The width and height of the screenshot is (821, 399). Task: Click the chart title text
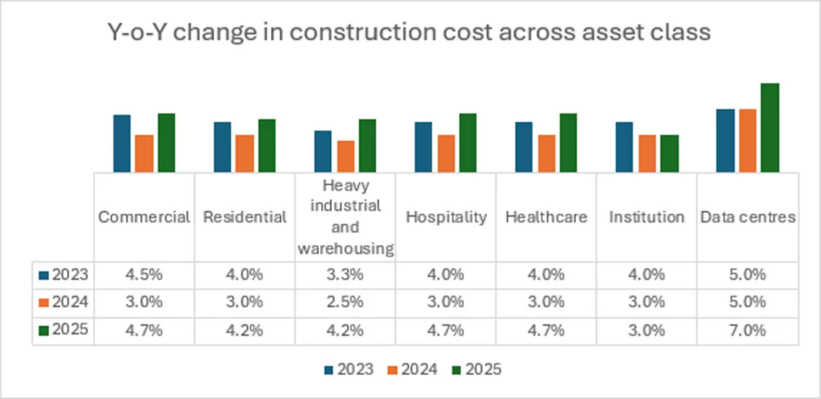point(410,32)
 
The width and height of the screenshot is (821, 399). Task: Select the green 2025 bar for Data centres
point(770,127)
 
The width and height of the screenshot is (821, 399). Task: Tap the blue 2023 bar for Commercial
point(122,143)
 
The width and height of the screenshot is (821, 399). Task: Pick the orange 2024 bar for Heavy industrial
point(346,156)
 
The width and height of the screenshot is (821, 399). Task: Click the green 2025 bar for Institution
point(670,153)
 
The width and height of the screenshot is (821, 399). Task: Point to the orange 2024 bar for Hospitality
point(446,153)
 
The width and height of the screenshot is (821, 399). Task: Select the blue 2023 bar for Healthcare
point(524,146)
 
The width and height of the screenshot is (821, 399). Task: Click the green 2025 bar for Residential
point(267,145)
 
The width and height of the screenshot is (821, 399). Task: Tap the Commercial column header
point(144,217)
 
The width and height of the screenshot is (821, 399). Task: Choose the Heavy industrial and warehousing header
point(346,217)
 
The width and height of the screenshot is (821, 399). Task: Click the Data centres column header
point(747,217)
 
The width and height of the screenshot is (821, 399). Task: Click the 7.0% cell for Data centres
point(747,330)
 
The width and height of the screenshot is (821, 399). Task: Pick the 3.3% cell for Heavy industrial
point(346,275)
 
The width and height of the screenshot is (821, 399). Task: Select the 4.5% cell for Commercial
point(144,275)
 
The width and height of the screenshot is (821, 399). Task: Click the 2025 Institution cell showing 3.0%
point(647,330)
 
